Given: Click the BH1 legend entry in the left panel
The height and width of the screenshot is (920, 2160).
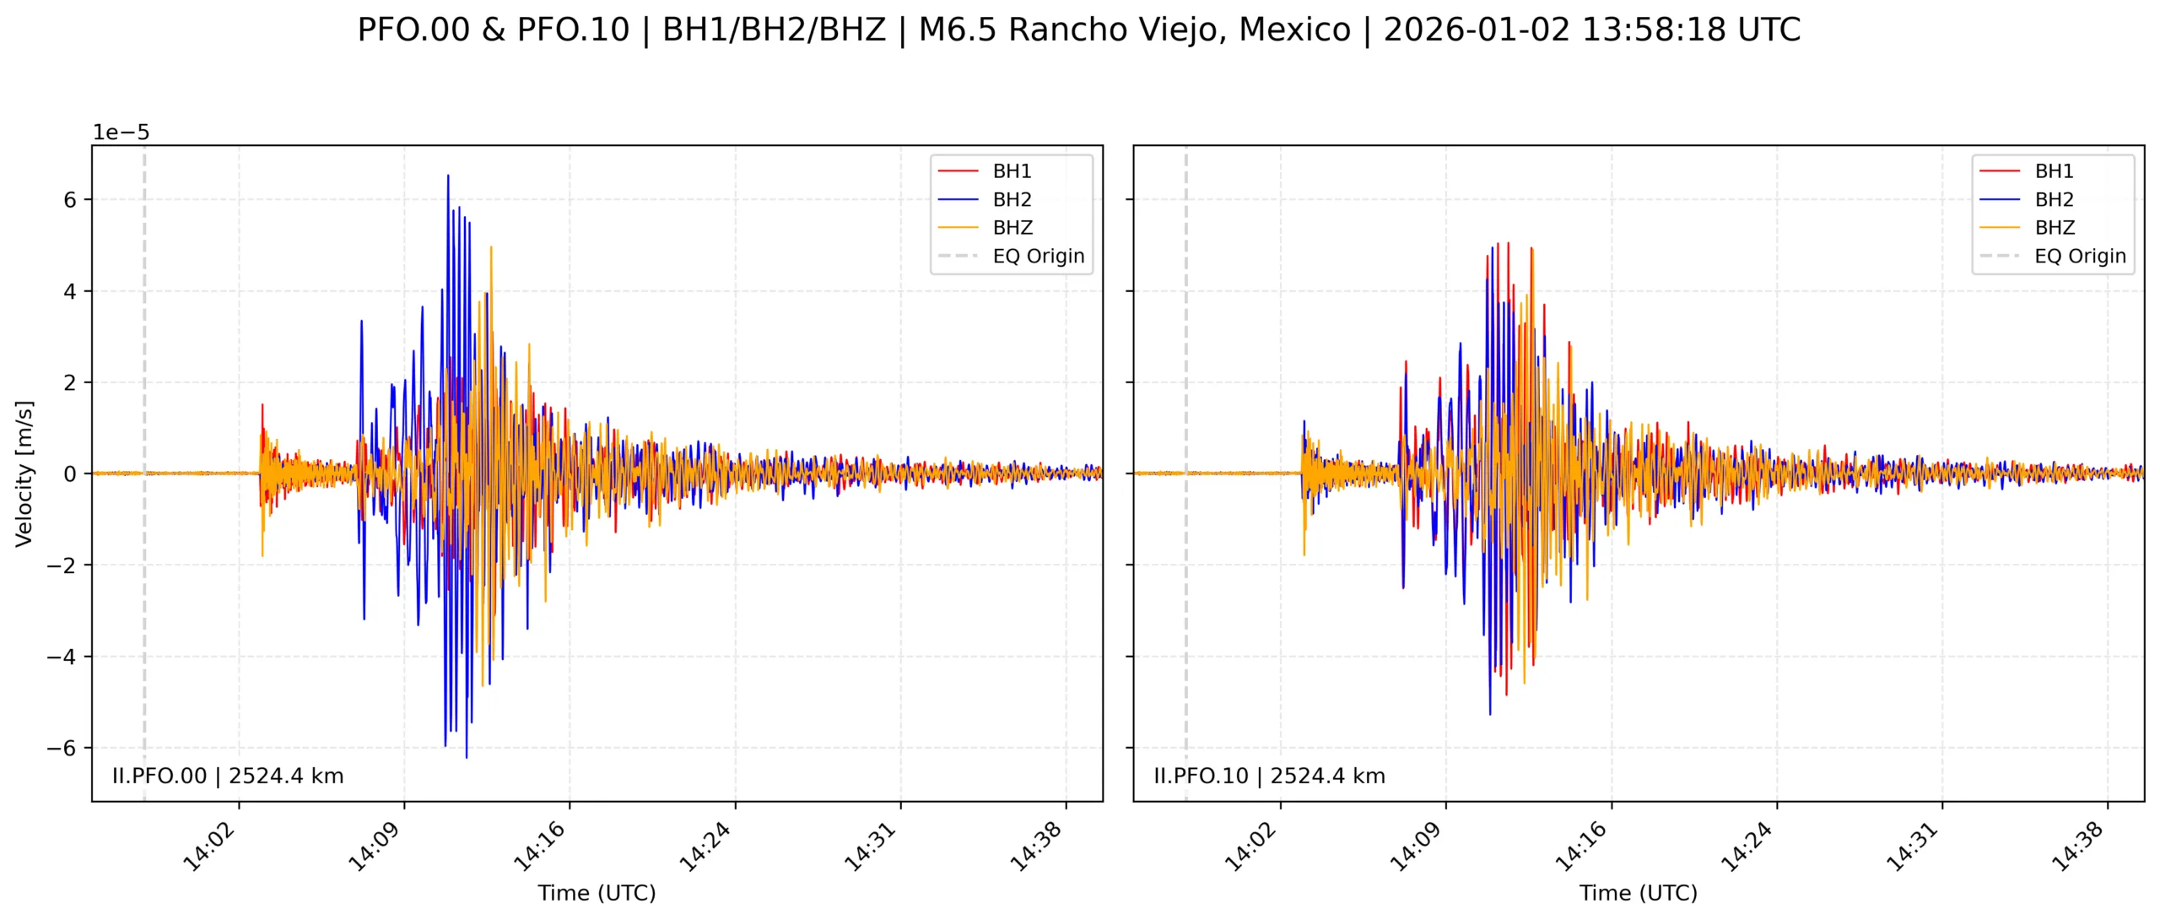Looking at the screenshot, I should (1011, 171).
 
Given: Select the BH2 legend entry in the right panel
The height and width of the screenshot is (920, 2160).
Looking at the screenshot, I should (2053, 200).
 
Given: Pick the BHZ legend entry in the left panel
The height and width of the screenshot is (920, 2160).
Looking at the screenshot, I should (1012, 228).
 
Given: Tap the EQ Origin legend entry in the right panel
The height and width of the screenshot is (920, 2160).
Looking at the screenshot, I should (2079, 257).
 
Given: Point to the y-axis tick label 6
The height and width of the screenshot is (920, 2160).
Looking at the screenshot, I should (69, 200).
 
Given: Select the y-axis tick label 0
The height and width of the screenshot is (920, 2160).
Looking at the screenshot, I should (69, 474).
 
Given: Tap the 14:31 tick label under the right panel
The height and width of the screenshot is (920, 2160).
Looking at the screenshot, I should (1912, 847).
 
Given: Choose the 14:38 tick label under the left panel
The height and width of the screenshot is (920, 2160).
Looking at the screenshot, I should (1036, 847).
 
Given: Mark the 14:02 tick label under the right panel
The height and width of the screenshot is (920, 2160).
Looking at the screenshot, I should (1250, 847).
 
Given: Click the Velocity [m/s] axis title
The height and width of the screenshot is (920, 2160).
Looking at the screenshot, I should (24, 474).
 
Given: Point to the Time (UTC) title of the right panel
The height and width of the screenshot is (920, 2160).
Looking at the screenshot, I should (1638, 893).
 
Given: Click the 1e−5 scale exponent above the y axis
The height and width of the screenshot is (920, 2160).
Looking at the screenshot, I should (121, 133).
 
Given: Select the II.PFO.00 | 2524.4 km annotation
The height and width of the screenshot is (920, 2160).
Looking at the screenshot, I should (228, 776).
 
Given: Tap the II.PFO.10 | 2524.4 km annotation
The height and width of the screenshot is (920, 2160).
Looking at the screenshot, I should (1269, 776).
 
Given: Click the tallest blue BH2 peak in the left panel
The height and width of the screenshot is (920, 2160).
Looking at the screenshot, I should (448, 176).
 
